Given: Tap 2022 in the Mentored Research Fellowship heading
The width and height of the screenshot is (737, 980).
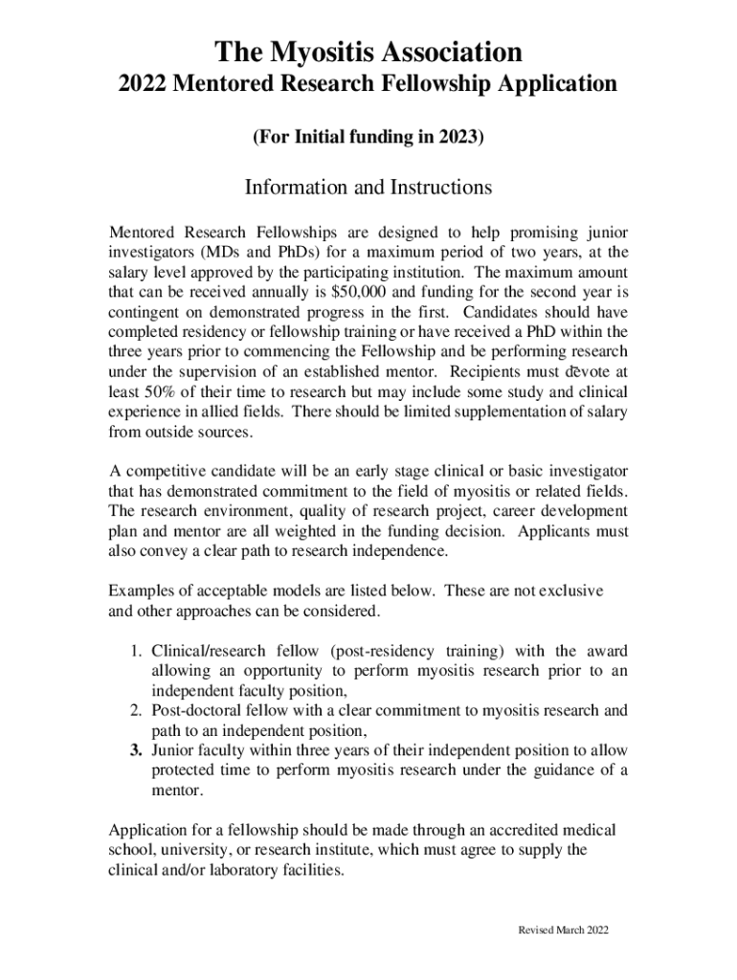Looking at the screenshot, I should [144, 85].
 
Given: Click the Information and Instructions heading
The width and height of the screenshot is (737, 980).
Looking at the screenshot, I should [368, 188].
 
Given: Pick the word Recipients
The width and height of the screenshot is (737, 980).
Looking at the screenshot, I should [481, 371].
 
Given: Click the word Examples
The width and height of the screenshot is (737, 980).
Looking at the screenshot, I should [141, 590].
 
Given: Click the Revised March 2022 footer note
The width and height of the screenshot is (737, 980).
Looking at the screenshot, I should [562, 930].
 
